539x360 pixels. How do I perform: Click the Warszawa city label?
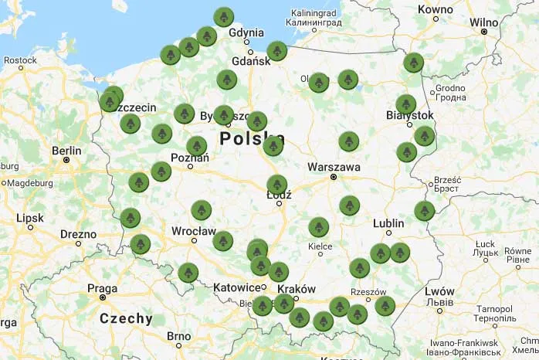click(334, 166)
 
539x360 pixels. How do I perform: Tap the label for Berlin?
click(67, 151)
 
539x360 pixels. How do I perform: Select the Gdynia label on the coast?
click(246, 32)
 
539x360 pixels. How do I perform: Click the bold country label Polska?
click(252, 139)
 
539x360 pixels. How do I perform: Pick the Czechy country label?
click(126, 318)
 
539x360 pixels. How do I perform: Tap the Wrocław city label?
click(194, 230)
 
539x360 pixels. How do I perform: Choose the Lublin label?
click(388, 223)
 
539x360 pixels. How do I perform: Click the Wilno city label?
click(484, 22)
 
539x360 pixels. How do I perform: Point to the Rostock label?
click(20, 59)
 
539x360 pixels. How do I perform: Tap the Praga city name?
click(102, 288)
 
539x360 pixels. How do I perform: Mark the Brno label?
click(179, 335)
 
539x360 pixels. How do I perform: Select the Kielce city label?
click(320, 246)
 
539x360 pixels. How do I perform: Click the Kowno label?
click(435, 9)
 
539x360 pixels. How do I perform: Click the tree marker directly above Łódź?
click(277, 184)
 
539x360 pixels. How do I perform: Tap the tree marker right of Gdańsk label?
click(277, 51)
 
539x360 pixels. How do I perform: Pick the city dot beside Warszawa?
click(334, 177)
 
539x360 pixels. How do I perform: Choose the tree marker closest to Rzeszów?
click(385, 305)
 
